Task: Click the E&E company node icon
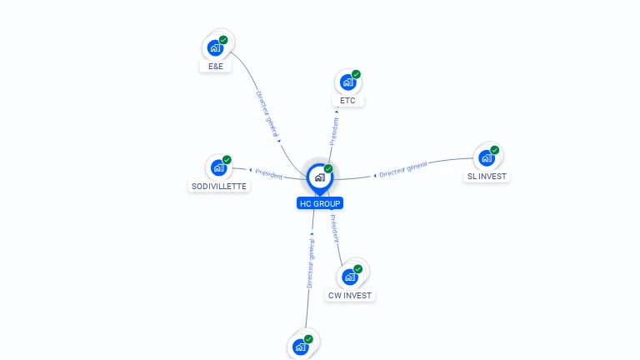216,47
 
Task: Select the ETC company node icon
348,82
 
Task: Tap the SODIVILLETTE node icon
218,167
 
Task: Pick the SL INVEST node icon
486,157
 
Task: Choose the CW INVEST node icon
350,277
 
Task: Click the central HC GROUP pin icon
319,177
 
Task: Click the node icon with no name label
301,347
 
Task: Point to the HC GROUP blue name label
320,203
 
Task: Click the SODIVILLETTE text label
218,187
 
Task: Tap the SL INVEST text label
487,177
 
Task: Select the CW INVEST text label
351,296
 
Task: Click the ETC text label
348,101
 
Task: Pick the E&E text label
216,66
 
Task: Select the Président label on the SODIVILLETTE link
269,174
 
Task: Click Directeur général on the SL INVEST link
403,169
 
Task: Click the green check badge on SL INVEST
495,151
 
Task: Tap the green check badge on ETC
357,75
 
